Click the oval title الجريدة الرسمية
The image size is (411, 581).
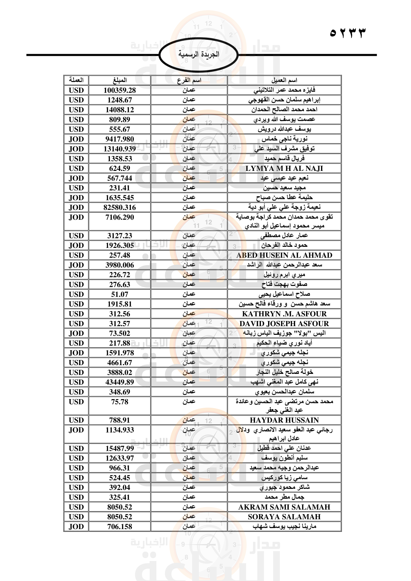click(x=199, y=54)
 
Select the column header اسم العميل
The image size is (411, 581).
click(x=284, y=80)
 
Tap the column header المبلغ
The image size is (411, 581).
click(x=120, y=80)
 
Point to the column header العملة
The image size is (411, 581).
click(x=76, y=80)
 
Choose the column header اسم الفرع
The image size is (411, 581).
click(x=189, y=80)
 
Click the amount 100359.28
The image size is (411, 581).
click(x=120, y=90)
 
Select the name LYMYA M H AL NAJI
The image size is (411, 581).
click(x=284, y=168)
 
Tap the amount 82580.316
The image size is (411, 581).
click(x=120, y=207)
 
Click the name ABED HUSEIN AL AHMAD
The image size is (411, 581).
click(x=284, y=255)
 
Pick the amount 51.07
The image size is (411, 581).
click(x=120, y=294)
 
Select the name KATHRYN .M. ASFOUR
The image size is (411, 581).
click(x=284, y=314)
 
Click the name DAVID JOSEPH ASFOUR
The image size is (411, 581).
click(x=284, y=324)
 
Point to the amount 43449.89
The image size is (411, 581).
click(x=120, y=382)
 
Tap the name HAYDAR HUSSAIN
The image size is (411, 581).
click(x=284, y=420)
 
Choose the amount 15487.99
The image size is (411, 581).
click(x=120, y=448)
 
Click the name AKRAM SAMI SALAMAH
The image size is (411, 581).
click(x=284, y=507)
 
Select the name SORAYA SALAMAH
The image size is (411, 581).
click(x=284, y=517)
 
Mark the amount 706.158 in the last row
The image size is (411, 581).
click(x=120, y=527)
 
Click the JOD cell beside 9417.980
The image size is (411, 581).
click(x=76, y=139)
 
